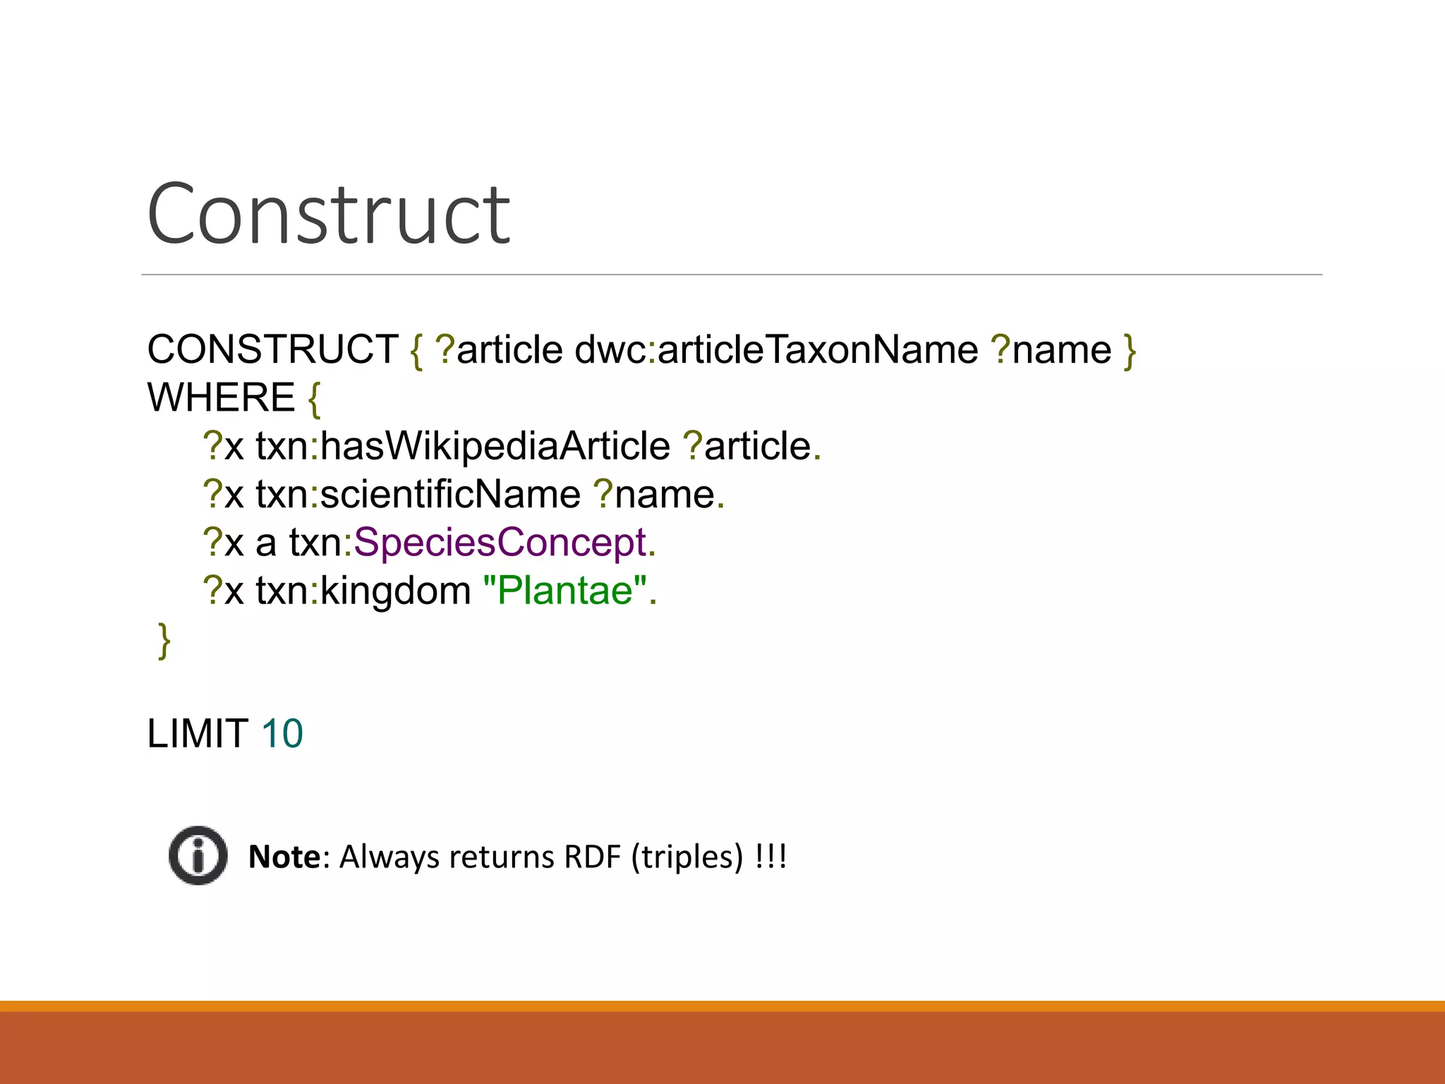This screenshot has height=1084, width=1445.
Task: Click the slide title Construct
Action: (328, 214)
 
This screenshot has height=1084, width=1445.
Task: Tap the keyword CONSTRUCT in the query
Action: (272, 349)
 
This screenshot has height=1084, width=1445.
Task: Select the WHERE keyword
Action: (221, 397)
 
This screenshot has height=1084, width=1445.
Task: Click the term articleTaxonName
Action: (817, 349)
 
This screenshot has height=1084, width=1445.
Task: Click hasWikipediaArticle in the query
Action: (495, 446)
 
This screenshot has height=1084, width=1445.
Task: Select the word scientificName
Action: (450, 494)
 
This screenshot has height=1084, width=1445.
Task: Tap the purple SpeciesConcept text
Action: (500, 542)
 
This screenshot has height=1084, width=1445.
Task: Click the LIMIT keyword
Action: (197, 733)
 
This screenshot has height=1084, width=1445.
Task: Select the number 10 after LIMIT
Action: (282, 733)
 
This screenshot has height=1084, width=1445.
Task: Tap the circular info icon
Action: (198, 855)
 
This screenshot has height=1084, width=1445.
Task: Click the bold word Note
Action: (285, 857)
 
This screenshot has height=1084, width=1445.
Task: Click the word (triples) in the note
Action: (687, 857)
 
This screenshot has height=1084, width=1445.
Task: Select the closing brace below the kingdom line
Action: (164, 641)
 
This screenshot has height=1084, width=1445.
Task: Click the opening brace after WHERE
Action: (314, 399)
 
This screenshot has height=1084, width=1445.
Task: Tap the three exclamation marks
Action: (770, 857)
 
